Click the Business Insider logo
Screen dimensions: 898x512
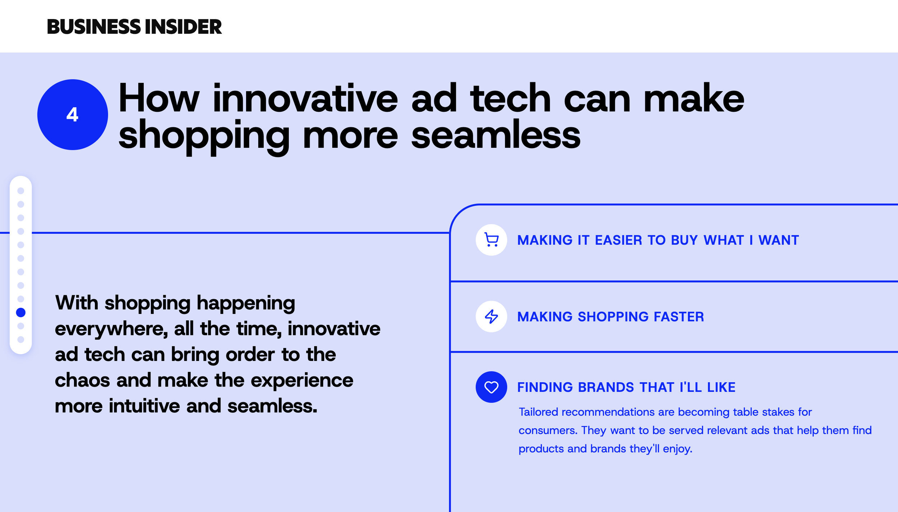click(134, 27)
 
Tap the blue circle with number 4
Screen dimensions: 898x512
click(73, 115)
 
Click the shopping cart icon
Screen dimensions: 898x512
click(491, 240)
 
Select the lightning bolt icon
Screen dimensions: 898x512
click(491, 316)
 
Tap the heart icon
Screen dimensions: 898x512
click(491, 387)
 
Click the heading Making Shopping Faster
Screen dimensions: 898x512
click(610, 317)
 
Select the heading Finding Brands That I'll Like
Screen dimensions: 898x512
click(626, 387)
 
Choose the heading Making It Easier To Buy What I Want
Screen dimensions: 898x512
click(658, 240)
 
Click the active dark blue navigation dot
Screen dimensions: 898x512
click(21, 312)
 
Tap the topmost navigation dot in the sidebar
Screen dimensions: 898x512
click(21, 191)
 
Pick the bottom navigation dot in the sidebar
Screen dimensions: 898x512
click(21, 339)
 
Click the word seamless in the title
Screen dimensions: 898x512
click(496, 135)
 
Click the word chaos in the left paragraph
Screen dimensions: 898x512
click(82, 380)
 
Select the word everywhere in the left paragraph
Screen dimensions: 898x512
click(111, 329)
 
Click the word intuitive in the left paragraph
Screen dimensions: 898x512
click(144, 406)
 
